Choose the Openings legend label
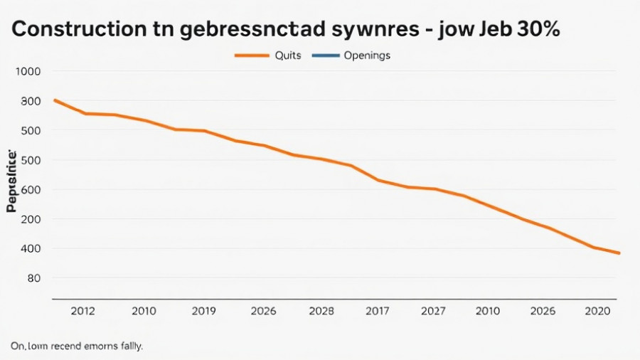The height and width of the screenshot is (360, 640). point(367,55)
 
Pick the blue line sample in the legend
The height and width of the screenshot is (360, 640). point(324,55)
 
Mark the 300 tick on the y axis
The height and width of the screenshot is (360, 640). point(31,101)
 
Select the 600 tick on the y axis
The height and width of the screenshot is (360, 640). point(31,190)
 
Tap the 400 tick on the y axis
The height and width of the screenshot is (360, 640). point(31,248)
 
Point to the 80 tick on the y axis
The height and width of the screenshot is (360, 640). point(33,278)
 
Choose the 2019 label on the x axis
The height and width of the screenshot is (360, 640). point(205,311)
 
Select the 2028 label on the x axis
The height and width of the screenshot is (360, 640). point(321,311)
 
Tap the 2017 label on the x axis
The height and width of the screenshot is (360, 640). point(377,311)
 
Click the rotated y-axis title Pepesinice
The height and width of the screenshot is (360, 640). point(11,181)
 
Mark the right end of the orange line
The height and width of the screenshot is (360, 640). point(619,253)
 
